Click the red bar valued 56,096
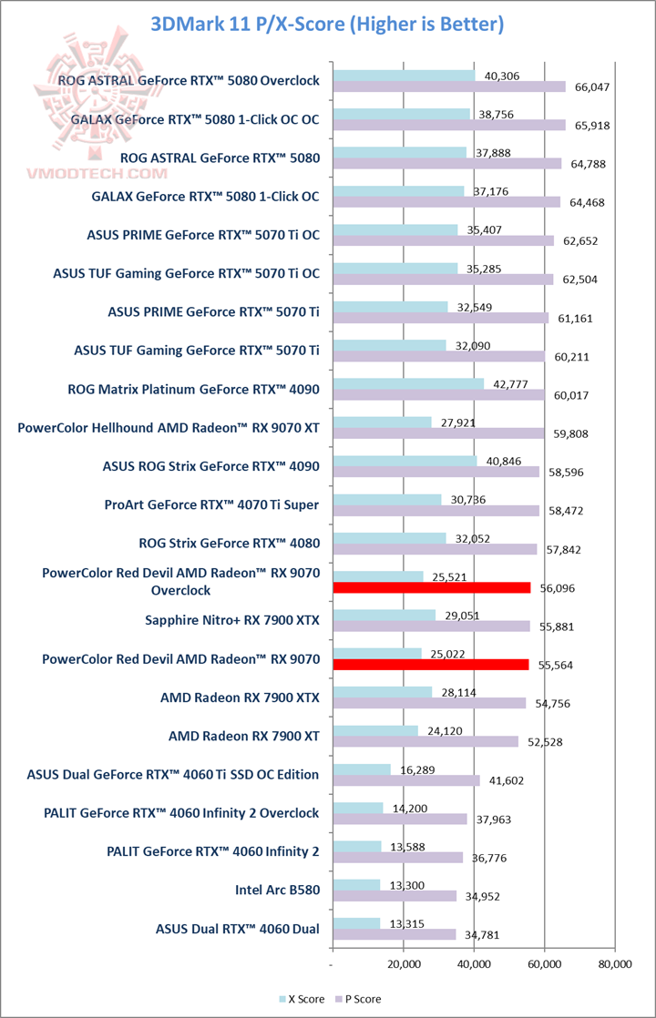click(432, 588)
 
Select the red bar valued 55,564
click(431, 665)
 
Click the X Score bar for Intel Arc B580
click(357, 884)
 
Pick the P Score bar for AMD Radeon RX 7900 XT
click(425, 741)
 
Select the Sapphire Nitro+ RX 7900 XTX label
click(232, 620)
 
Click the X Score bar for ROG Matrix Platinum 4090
click(409, 383)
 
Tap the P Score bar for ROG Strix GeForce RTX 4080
click(436, 550)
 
